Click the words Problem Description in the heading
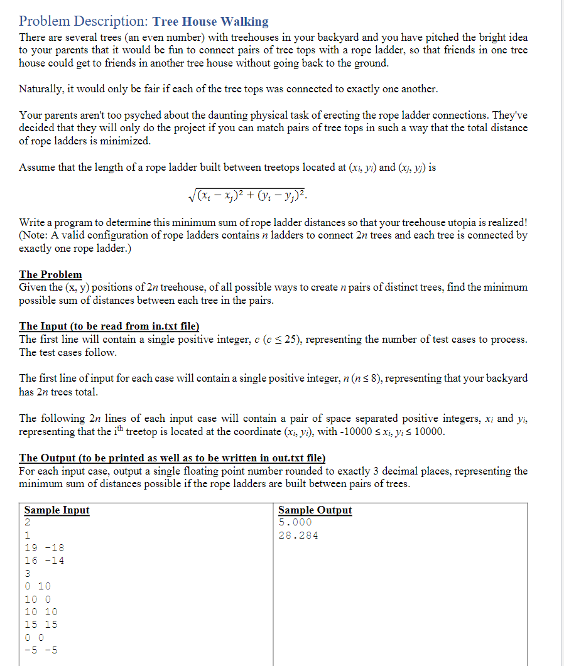[x=84, y=22]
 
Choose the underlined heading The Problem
[x=50, y=274]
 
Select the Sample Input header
[x=57, y=510]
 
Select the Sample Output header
[x=315, y=510]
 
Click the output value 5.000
[x=295, y=522]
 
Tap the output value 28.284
[x=298, y=535]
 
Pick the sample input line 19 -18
[x=44, y=548]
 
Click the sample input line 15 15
[x=41, y=624]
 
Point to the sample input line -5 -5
[x=41, y=650]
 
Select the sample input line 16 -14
[x=44, y=561]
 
